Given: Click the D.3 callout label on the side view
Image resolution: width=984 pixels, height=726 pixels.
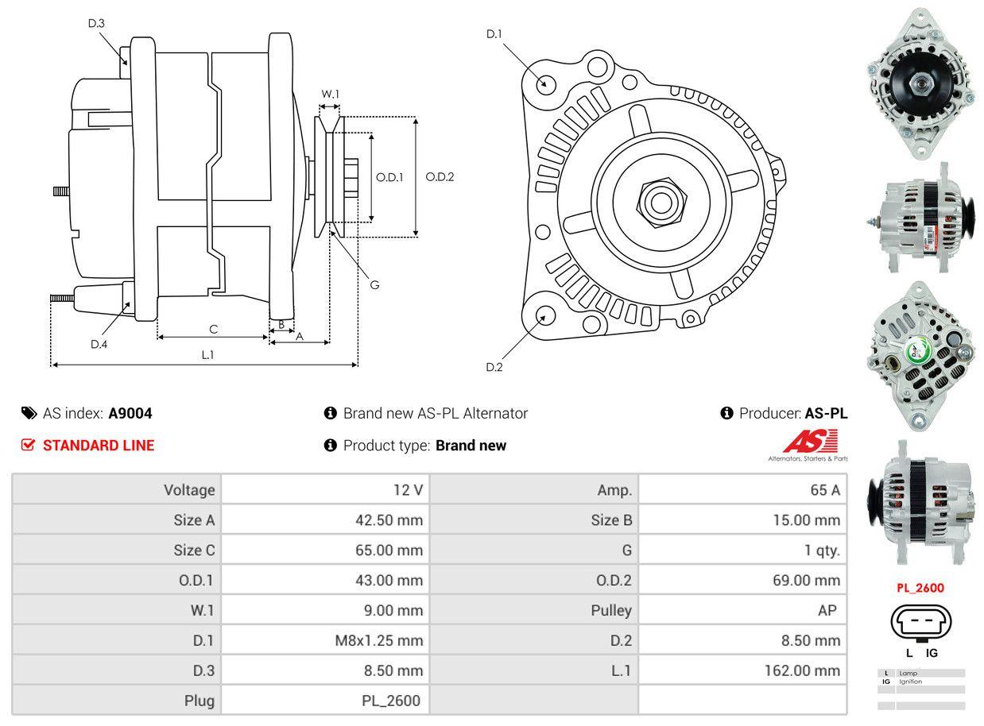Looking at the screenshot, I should tap(96, 23).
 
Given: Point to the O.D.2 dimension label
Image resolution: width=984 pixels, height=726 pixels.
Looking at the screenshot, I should tap(440, 176).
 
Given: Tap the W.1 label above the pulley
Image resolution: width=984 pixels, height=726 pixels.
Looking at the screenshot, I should tap(330, 94).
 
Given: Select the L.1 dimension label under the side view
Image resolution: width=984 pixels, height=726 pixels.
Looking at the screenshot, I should tap(207, 355).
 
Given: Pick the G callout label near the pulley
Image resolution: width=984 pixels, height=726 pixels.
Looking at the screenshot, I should tap(374, 284).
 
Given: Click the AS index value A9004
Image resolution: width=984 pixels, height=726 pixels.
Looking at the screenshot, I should tap(130, 413).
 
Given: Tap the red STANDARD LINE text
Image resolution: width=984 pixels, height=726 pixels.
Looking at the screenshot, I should tap(99, 446).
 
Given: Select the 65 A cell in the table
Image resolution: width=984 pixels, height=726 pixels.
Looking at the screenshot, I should tap(824, 490).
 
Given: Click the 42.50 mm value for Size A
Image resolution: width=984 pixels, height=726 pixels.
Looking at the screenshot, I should tap(389, 520).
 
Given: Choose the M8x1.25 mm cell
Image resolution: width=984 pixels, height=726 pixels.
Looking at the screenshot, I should tap(379, 640).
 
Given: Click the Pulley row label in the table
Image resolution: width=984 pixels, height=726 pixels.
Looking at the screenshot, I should tap(611, 610).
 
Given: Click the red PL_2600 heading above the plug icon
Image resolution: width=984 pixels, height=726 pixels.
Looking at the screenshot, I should tap(920, 589).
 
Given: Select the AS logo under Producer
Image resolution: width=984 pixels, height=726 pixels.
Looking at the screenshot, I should tap(810, 443).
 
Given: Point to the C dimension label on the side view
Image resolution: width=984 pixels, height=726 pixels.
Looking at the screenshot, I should tap(213, 329).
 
